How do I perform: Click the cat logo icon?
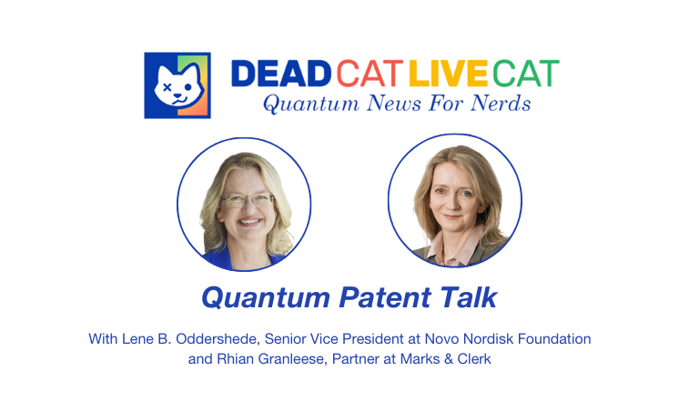point(177,85)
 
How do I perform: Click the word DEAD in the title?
point(281,73)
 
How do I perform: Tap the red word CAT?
point(370,73)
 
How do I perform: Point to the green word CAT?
point(525,73)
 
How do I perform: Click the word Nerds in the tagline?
point(501,104)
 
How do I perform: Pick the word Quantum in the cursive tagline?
point(310,105)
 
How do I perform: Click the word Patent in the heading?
point(385,297)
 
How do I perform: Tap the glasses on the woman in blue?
point(248,200)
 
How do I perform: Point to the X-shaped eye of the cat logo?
point(167,86)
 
